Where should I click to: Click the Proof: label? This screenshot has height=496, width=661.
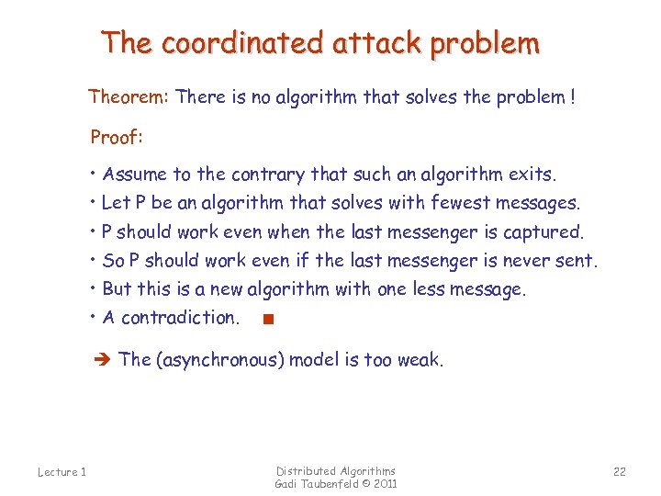pyautogui.click(x=116, y=138)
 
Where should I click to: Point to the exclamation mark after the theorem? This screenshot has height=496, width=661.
pyautogui.click(x=573, y=96)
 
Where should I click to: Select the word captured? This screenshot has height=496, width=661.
pyautogui.click(x=544, y=231)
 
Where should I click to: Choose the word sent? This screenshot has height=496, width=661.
pyautogui.click(x=577, y=260)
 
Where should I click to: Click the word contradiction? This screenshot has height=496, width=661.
pyautogui.click(x=180, y=318)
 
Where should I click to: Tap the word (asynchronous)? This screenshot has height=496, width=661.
pyautogui.click(x=219, y=360)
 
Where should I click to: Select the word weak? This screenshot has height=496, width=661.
pyautogui.click(x=420, y=360)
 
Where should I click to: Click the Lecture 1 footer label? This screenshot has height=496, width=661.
pyautogui.click(x=62, y=472)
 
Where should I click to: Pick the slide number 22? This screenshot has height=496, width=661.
pyautogui.click(x=619, y=472)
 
